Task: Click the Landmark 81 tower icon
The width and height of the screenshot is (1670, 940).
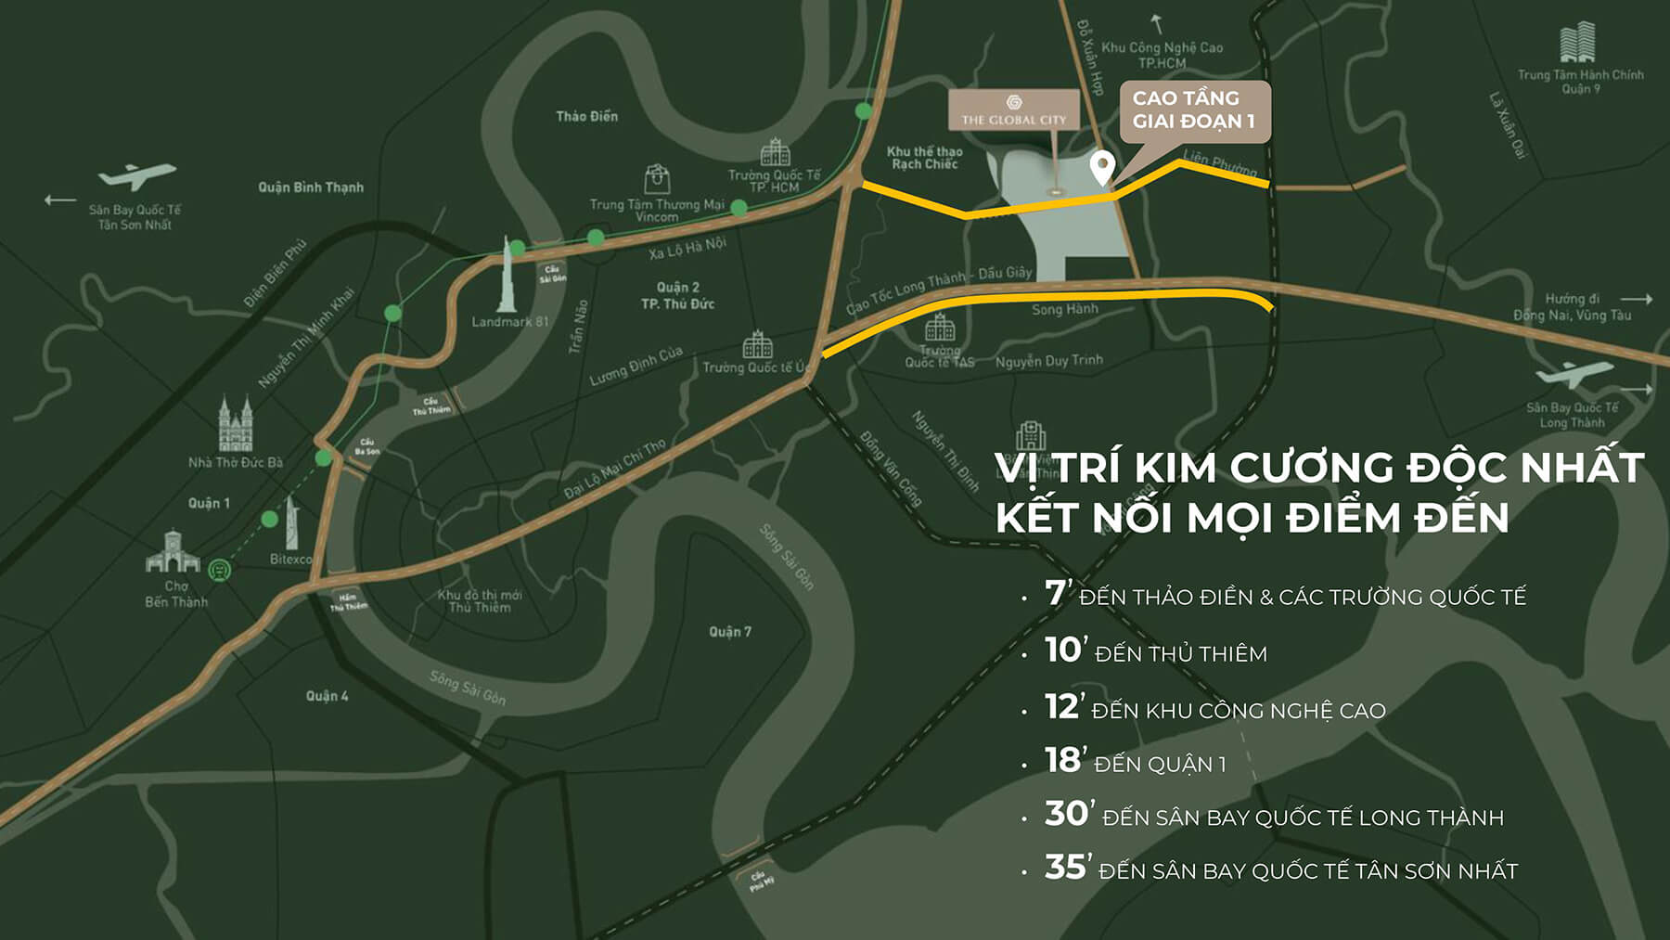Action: tap(508, 276)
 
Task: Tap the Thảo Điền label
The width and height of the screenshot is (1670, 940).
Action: tap(586, 116)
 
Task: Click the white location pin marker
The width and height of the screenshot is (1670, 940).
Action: tap(1101, 168)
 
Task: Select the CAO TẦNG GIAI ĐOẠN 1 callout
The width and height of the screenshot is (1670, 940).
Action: tap(1193, 109)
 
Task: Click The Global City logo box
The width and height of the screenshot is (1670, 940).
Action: tap(1014, 109)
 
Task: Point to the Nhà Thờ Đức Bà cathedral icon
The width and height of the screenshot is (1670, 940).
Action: tap(236, 424)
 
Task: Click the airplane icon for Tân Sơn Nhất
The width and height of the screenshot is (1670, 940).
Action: tap(136, 175)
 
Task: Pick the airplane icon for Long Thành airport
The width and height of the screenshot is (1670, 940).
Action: tap(1574, 373)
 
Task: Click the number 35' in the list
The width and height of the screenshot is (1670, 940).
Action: tap(1065, 868)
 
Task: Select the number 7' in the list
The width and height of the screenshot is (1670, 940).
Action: tap(1058, 593)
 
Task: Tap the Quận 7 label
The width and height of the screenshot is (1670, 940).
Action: tap(730, 632)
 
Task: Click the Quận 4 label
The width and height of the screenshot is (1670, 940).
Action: tap(328, 696)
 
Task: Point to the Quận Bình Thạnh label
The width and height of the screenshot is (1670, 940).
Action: tap(311, 187)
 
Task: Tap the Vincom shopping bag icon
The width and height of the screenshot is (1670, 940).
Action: tap(657, 179)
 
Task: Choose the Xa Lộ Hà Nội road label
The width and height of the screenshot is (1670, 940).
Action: tap(687, 248)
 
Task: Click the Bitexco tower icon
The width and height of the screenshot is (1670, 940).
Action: tap(291, 522)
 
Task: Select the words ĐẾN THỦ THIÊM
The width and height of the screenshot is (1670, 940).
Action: tap(1180, 654)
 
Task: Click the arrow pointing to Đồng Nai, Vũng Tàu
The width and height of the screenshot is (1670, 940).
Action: tap(1637, 299)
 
